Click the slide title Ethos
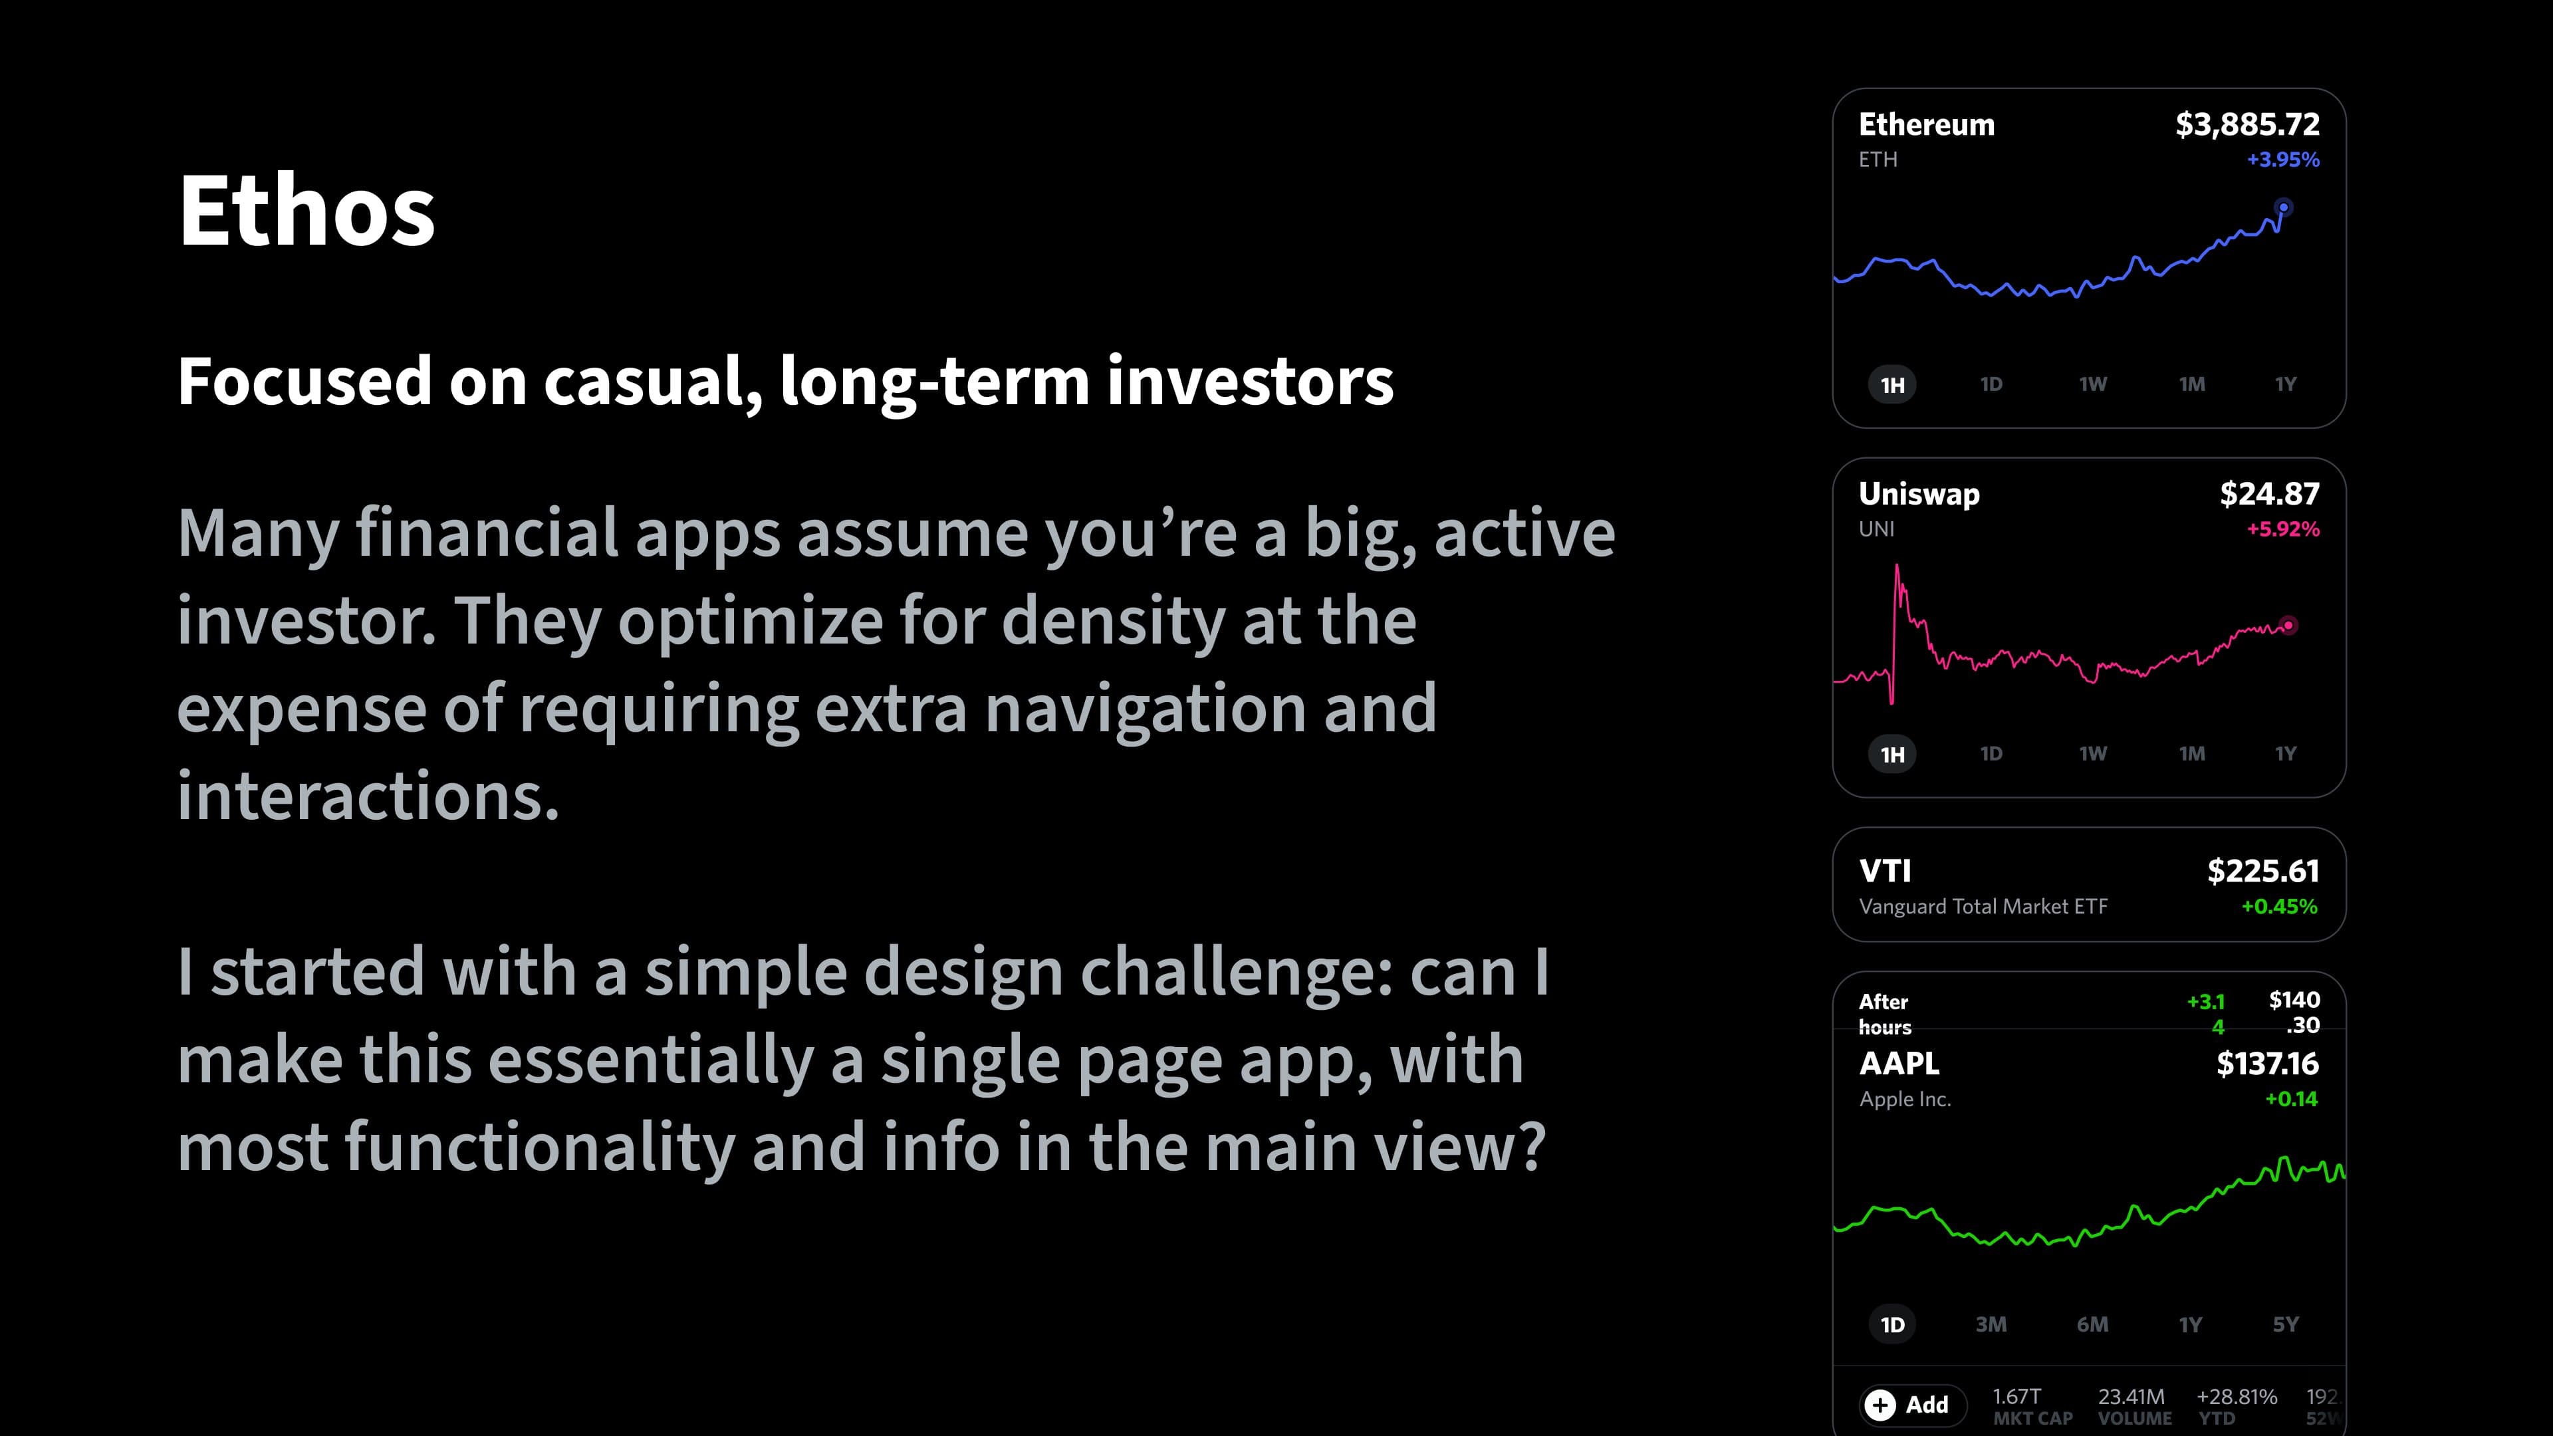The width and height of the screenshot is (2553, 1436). (306, 210)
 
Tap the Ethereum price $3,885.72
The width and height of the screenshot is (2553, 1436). (2247, 125)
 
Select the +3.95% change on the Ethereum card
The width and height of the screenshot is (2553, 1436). (2282, 160)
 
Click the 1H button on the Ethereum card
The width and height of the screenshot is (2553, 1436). (1892, 384)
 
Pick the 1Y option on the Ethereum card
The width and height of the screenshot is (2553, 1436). (2284, 384)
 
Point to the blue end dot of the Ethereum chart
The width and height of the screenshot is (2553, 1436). (2284, 208)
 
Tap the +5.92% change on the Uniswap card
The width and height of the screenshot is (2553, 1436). (2282, 529)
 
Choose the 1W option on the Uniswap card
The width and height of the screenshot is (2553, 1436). (2092, 754)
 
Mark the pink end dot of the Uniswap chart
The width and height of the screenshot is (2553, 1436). (2287, 626)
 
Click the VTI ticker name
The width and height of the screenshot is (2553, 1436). (1885, 871)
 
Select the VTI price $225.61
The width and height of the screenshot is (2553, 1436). (2262, 871)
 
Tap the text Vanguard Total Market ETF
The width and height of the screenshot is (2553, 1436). (1983, 907)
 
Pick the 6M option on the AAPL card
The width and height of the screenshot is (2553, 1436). (2092, 1325)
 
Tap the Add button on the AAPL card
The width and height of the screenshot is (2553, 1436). (1912, 1404)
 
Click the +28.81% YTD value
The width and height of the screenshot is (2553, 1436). (2237, 1396)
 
